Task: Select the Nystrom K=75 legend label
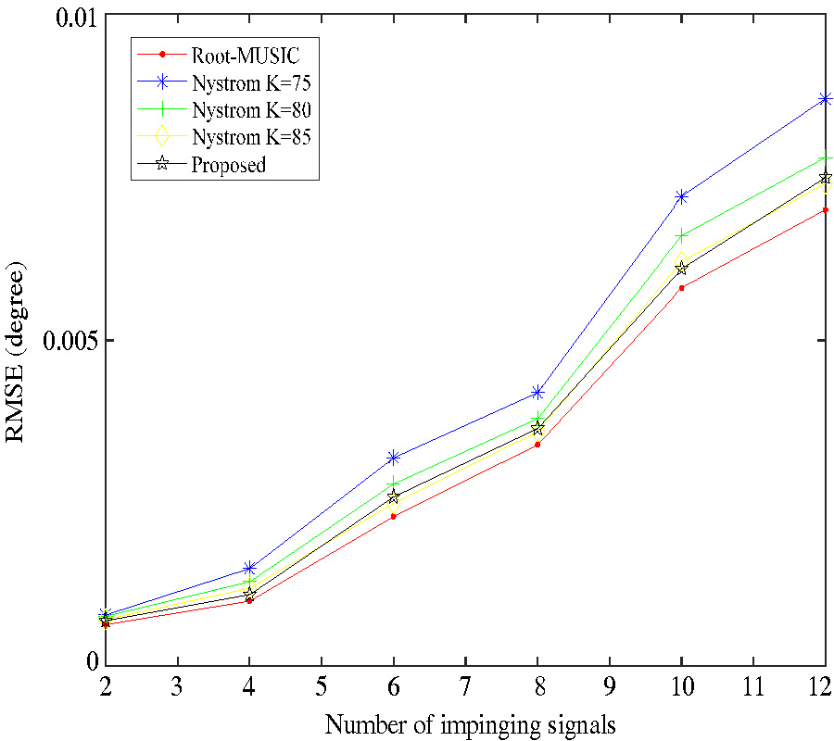pyautogui.click(x=250, y=82)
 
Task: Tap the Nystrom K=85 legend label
pyautogui.click(x=250, y=137)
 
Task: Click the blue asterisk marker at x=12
pyautogui.click(x=826, y=99)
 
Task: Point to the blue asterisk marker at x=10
pyautogui.click(x=681, y=196)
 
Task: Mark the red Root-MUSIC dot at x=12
pyautogui.click(x=826, y=210)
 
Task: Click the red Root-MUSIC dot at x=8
pyautogui.click(x=537, y=445)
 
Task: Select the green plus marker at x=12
pyautogui.click(x=826, y=158)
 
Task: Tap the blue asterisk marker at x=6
pyautogui.click(x=394, y=458)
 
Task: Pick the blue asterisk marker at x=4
pyautogui.click(x=249, y=568)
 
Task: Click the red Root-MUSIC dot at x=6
pyautogui.click(x=394, y=516)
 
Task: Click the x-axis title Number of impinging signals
pyautogui.click(x=470, y=723)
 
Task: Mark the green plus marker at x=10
pyautogui.click(x=681, y=236)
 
